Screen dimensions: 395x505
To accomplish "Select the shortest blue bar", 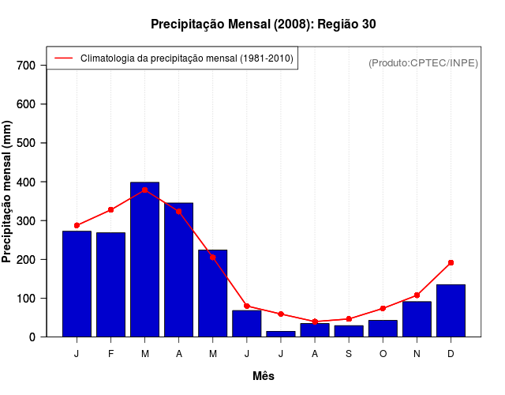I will pos(281,334).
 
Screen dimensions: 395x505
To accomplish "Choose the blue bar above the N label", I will pos(417,319).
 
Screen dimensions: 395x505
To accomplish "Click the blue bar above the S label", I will pos(349,331).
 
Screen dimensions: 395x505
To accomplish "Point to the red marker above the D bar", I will pos(451,262).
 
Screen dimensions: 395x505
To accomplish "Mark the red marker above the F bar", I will pos(111,209).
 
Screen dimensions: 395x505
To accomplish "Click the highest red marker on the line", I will pos(145,190).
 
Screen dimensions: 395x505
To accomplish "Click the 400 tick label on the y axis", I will pos(27,182).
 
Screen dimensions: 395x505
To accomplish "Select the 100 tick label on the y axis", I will pos(27,298).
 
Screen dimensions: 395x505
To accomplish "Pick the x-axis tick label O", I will pos(383,353).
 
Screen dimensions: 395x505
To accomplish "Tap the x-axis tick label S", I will pos(349,353).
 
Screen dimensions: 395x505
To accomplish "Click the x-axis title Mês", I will pos(264,376).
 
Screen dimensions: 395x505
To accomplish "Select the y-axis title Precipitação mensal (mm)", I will pos(8,191).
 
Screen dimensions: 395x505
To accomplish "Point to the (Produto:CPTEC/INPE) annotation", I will pos(423,62).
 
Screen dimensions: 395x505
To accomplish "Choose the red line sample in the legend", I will pos(63,58).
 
